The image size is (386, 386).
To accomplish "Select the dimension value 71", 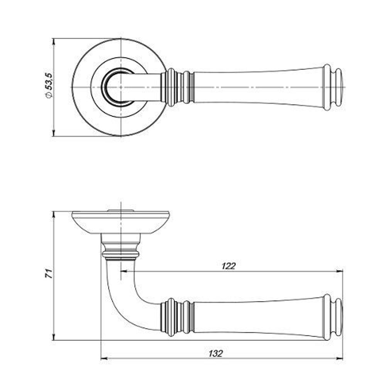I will click(x=49, y=274).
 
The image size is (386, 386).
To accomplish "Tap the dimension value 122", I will click(x=229, y=266).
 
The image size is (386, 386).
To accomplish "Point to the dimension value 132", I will click(x=216, y=353).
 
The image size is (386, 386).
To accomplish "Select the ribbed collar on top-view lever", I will click(x=178, y=87).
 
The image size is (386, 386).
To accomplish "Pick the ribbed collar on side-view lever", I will click(x=177, y=317).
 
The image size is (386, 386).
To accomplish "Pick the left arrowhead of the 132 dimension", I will click(x=104, y=359).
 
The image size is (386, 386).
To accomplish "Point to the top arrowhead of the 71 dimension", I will click(x=54, y=214).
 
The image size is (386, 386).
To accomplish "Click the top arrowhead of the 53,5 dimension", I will click(x=54, y=41).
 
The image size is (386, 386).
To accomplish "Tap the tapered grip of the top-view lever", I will click(x=257, y=87).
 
